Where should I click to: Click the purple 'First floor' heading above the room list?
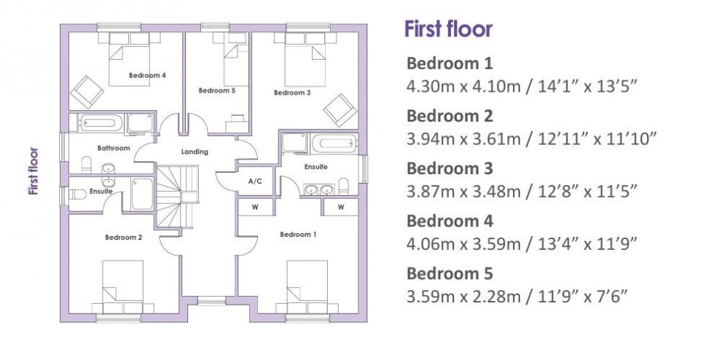pyautogui.click(x=449, y=30)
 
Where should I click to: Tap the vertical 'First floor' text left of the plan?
pyautogui.click(x=33, y=173)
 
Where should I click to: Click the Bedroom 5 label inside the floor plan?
pyautogui.click(x=217, y=90)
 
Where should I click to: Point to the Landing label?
pyautogui.click(x=195, y=152)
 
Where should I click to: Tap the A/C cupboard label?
pyautogui.click(x=255, y=180)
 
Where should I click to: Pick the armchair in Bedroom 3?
pyautogui.click(x=340, y=109)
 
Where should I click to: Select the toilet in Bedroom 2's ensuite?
pyautogui.click(x=76, y=195)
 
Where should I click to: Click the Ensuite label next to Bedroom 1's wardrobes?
pyautogui.click(x=316, y=166)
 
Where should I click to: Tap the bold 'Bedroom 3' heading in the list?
pyautogui.click(x=450, y=168)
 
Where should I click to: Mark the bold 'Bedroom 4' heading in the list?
pyautogui.click(x=450, y=221)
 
